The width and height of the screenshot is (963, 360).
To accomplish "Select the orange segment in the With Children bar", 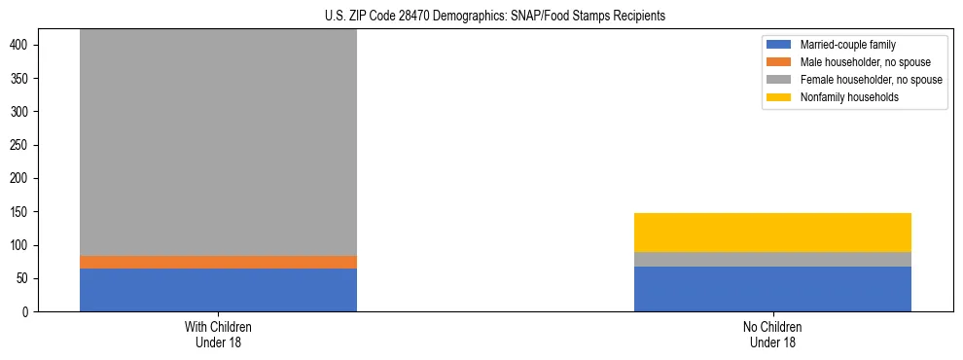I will click(218, 262).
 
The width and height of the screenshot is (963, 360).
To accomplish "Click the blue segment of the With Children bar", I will click(218, 290).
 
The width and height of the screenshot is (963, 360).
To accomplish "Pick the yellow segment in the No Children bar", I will click(772, 233).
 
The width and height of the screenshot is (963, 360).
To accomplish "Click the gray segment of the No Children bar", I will click(772, 259).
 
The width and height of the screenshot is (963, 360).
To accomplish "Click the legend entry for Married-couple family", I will click(845, 45).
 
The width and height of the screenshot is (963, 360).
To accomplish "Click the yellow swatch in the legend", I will click(779, 97).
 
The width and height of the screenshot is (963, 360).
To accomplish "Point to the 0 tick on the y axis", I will click(28, 312).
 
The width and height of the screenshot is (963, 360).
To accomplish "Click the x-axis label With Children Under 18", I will click(218, 335).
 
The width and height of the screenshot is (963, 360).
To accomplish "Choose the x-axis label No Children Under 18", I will click(772, 335).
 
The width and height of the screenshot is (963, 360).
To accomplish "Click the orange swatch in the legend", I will click(779, 62).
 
